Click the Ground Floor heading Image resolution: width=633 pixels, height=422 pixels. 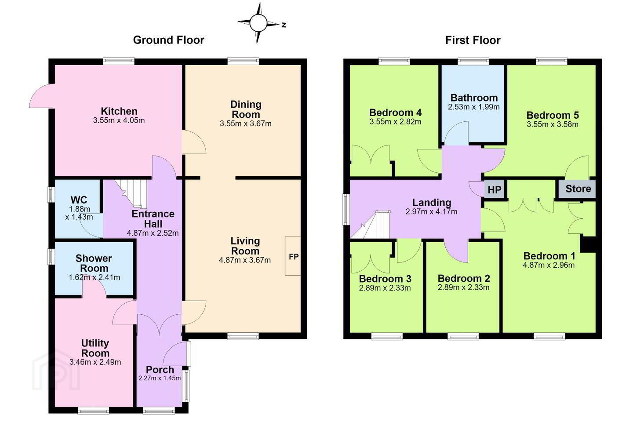tap(169, 40)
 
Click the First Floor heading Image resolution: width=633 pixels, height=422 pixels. tap(473, 40)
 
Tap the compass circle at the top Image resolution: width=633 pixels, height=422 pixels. tap(258, 23)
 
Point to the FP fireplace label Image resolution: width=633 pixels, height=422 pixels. tap(294, 257)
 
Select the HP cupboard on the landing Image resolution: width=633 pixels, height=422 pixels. tap(495, 190)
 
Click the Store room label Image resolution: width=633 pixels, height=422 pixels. tap(578, 189)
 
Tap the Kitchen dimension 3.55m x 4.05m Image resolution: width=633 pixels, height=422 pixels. tap(119, 120)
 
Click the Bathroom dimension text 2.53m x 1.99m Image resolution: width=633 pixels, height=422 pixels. tap(473, 107)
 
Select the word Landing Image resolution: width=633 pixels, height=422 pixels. tap(432, 202)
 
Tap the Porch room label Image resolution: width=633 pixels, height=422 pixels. tap(160, 369)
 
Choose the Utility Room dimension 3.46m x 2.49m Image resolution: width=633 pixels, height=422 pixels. tap(95, 362)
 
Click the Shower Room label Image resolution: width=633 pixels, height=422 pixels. tap(94, 263)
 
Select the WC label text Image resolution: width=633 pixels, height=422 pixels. tap(79, 200)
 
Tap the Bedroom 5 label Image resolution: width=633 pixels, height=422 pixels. tap(553, 115)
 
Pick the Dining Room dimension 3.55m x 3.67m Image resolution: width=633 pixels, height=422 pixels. tap(246, 124)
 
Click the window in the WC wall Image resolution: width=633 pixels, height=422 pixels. tap(51, 194)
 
